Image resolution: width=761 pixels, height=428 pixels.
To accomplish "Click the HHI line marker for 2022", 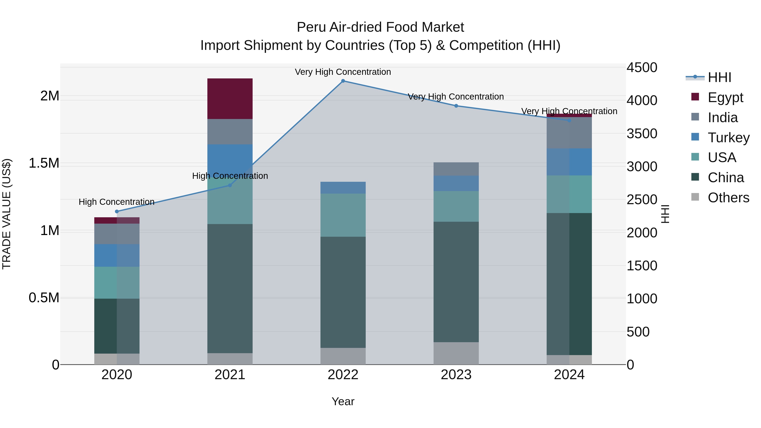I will [x=343, y=81].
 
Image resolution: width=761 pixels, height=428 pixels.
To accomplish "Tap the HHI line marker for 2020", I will [x=117, y=212].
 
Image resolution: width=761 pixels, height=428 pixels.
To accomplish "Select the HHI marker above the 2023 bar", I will [x=456, y=106].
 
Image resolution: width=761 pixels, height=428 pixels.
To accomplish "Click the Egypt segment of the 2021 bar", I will [x=230, y=99].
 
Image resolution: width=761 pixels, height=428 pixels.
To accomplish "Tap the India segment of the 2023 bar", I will [x=456, y=169].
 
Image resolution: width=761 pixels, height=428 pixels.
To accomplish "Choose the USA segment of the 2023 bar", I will [x=456, y=206].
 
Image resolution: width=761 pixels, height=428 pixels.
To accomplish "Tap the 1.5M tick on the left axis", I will [x=44, y=163].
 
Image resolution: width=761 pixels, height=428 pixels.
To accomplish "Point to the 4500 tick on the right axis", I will [x=642, y=68].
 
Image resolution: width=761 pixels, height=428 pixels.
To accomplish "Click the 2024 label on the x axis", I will [x=569, y=375].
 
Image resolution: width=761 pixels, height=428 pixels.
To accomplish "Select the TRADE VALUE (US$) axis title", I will [x=7, y=214].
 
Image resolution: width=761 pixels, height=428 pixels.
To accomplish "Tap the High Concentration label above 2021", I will [x=230, y=176].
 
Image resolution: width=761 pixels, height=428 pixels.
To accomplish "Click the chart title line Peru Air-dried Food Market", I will [x=380, y=27].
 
